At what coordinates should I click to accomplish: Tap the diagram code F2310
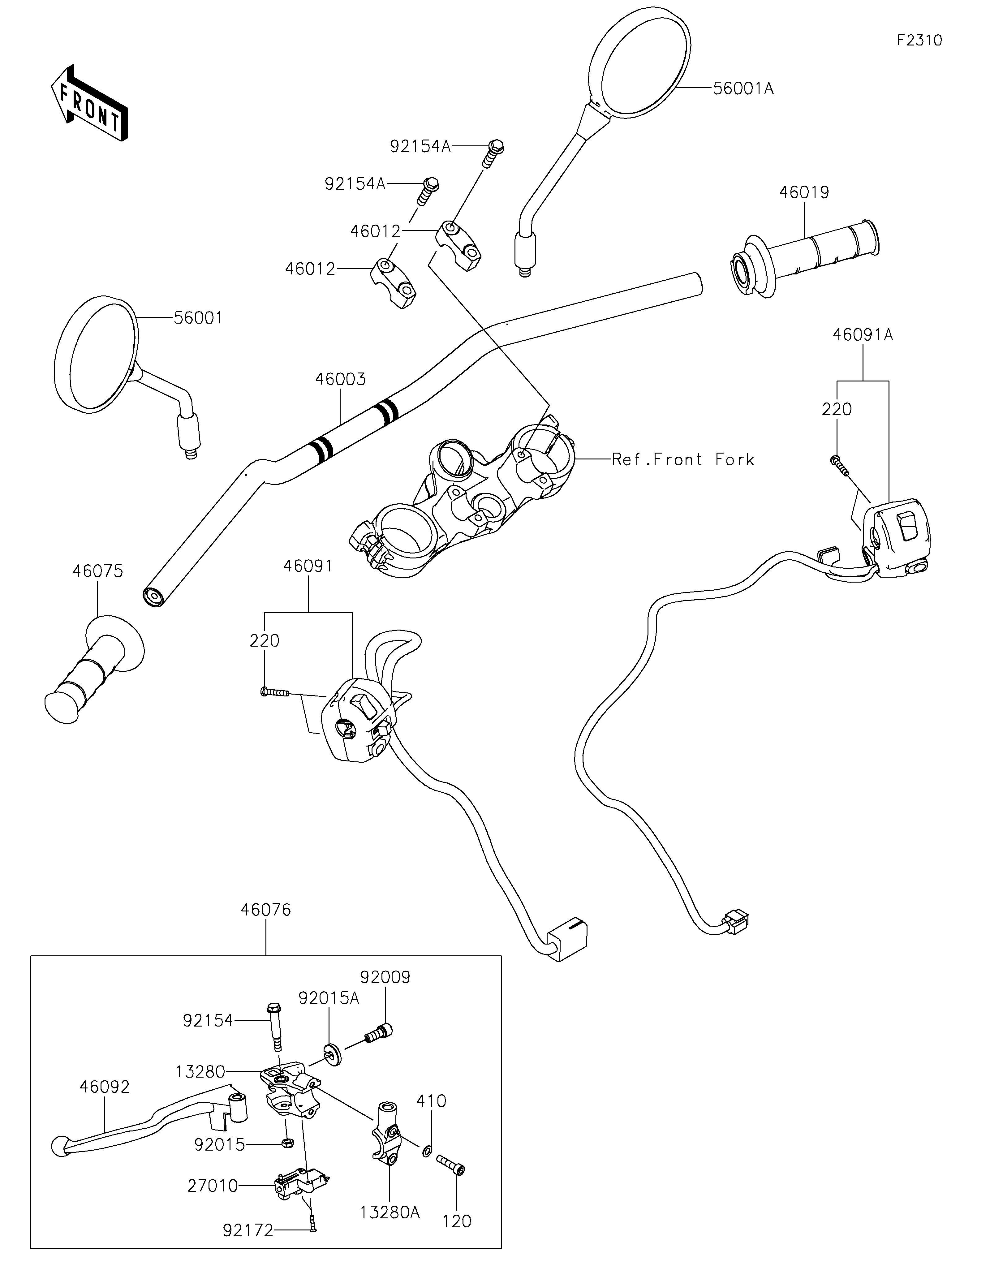pos(920,41)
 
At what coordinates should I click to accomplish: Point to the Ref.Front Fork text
pos(683,460)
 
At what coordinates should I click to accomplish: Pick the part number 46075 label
pos(98,571)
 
